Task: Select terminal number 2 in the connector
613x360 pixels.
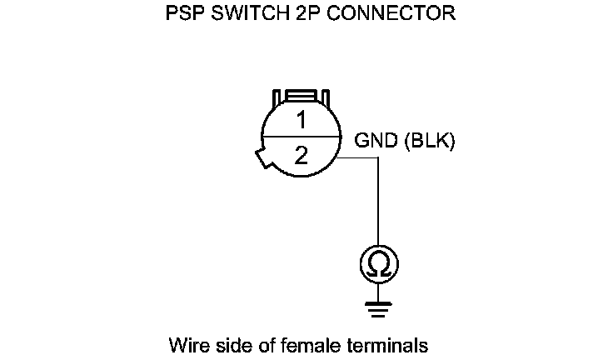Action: point(301,156)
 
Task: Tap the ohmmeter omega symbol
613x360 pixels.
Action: point(378,264)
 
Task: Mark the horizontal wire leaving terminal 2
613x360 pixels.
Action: point(358,156)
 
